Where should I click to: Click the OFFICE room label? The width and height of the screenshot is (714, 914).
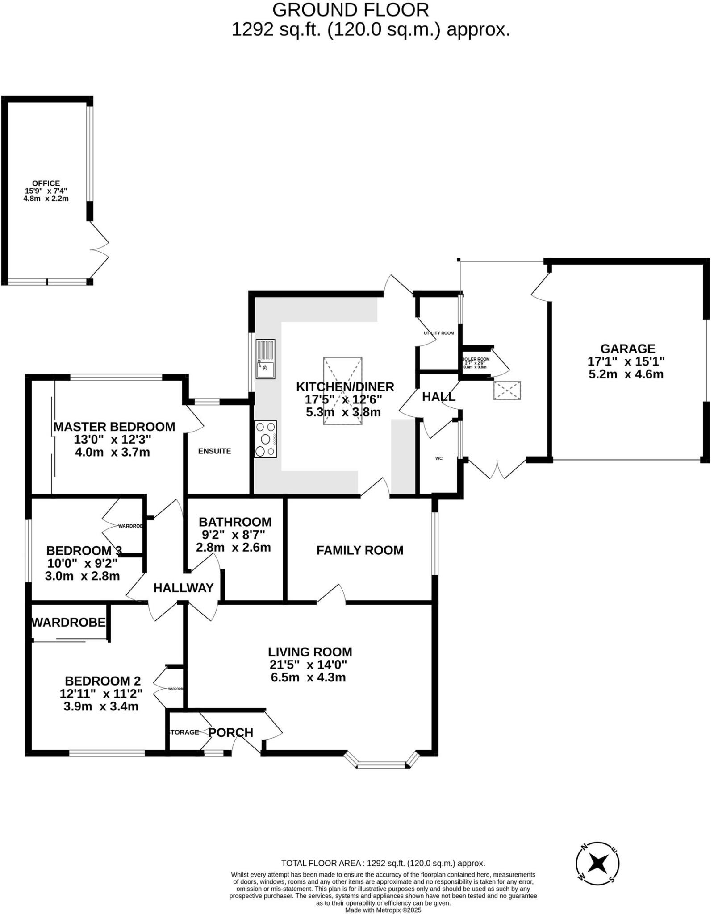(x=46, y=183)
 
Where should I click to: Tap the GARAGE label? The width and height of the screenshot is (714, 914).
(x=627, y=349)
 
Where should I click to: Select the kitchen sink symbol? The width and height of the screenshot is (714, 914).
(x=265, y=359)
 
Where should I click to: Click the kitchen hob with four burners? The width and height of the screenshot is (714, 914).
(x=266, y=439)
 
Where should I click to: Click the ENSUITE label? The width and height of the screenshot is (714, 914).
(x=215, y=451)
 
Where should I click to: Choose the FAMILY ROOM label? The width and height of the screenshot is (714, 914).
(x=360, y=550)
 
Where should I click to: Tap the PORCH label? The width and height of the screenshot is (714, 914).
(x=231, y=732)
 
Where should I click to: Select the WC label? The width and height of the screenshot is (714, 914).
(x=439, y=458)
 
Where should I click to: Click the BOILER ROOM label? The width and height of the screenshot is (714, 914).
(x=476, y=359)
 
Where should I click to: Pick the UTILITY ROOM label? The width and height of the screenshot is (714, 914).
(x=439, y=333)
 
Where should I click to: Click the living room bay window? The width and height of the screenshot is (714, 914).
(x=382, y=765)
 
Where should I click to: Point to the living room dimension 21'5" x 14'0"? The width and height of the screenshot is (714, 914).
(x=308, y=665)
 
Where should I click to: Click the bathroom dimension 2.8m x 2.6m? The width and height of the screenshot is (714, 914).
(x=234, y=547)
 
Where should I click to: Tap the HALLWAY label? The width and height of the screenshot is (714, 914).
(x=184, y=588)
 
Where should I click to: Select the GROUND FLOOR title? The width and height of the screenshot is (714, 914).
(x=351, y=10)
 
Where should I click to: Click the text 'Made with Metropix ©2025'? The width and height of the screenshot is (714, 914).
(x=383, y=910)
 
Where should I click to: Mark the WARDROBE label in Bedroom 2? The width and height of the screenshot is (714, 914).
(x=69, y=622)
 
